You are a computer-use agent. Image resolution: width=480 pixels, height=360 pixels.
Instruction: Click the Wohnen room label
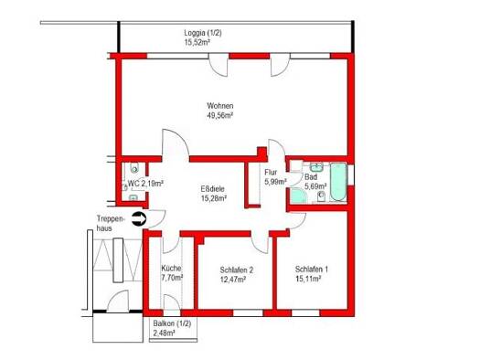pyautogui.click(x=220, y=106)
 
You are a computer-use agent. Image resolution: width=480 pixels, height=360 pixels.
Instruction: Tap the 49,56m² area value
pyautogui.click(x=220, y=116)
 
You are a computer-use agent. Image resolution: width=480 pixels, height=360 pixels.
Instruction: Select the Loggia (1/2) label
pyautogui.click(x=203, y=33)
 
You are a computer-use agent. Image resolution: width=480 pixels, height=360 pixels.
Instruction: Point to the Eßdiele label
pyautogui.click(x=212, y=189)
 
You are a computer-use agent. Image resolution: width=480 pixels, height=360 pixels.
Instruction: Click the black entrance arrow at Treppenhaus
pyautogui.click(x=139, y=219)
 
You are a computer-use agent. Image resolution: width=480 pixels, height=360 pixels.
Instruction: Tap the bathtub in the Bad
pyautogui.click(x=338, y=182)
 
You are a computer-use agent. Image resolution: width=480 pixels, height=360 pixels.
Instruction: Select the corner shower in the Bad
pyautogui.click(x=299, y=196)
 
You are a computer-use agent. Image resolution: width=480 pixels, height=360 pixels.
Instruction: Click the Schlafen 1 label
pyautogui.click(x=312, y=270)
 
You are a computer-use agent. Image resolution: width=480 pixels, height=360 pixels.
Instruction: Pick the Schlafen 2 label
pyautogui.click(x=236, y=270)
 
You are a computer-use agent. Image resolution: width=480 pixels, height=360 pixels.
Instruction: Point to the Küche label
pyautogui.click(x=172, y=269)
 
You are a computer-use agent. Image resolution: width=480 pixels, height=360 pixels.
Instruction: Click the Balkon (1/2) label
pyautogui.click(x=172, y=323)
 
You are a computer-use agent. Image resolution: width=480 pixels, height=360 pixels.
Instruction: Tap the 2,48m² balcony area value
pyautogui.click(x=164, y=333)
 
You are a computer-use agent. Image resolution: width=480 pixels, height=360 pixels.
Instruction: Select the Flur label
pyautogui.click(x=271, y=172)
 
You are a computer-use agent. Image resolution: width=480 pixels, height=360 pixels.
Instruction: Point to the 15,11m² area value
pyautogui.click(x=308, y=279)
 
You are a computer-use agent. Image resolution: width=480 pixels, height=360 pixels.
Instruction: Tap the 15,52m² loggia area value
pyautogui.click(x=197, y=42)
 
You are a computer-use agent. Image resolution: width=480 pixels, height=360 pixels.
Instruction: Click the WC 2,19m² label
pyautogui.click(x=145, y=184)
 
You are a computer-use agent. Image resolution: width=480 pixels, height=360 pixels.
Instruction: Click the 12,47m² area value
pyautogui.click(x=233, y=280)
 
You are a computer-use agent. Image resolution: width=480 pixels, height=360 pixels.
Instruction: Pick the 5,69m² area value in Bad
pyautogui.click(x=315, y=186)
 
